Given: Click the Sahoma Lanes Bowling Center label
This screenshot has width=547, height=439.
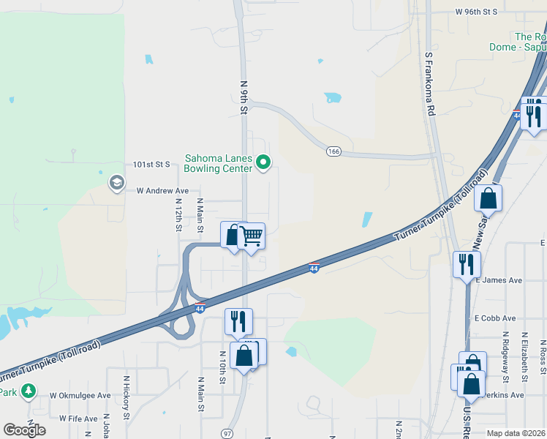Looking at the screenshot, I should click(218, 162).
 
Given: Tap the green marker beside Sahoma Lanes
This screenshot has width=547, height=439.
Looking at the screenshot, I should click(265, 162).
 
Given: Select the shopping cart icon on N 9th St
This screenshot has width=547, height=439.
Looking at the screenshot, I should click(251, 236).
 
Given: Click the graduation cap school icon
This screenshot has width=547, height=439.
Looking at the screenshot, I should click(116, 182).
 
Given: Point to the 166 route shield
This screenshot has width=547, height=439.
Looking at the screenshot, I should click(333, 151).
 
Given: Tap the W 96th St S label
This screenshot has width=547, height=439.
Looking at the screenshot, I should click(475, 12).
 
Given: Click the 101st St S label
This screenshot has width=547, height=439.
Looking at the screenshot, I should click(151, 165).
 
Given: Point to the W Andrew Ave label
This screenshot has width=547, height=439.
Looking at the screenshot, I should click(162, 190).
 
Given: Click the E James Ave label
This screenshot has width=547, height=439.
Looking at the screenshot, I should click(499, 279).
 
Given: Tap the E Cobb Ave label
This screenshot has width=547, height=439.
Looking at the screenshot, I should click(495, 318).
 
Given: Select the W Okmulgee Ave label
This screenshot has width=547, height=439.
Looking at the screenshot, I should click(80, 395).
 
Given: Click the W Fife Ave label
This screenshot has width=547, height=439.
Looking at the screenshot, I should click(73, 419).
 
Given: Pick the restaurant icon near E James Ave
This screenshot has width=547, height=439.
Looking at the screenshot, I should click(467, 263).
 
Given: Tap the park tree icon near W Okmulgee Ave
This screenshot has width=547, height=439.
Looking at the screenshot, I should click(28, 391).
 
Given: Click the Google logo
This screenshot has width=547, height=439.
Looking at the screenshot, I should click(24, 430).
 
